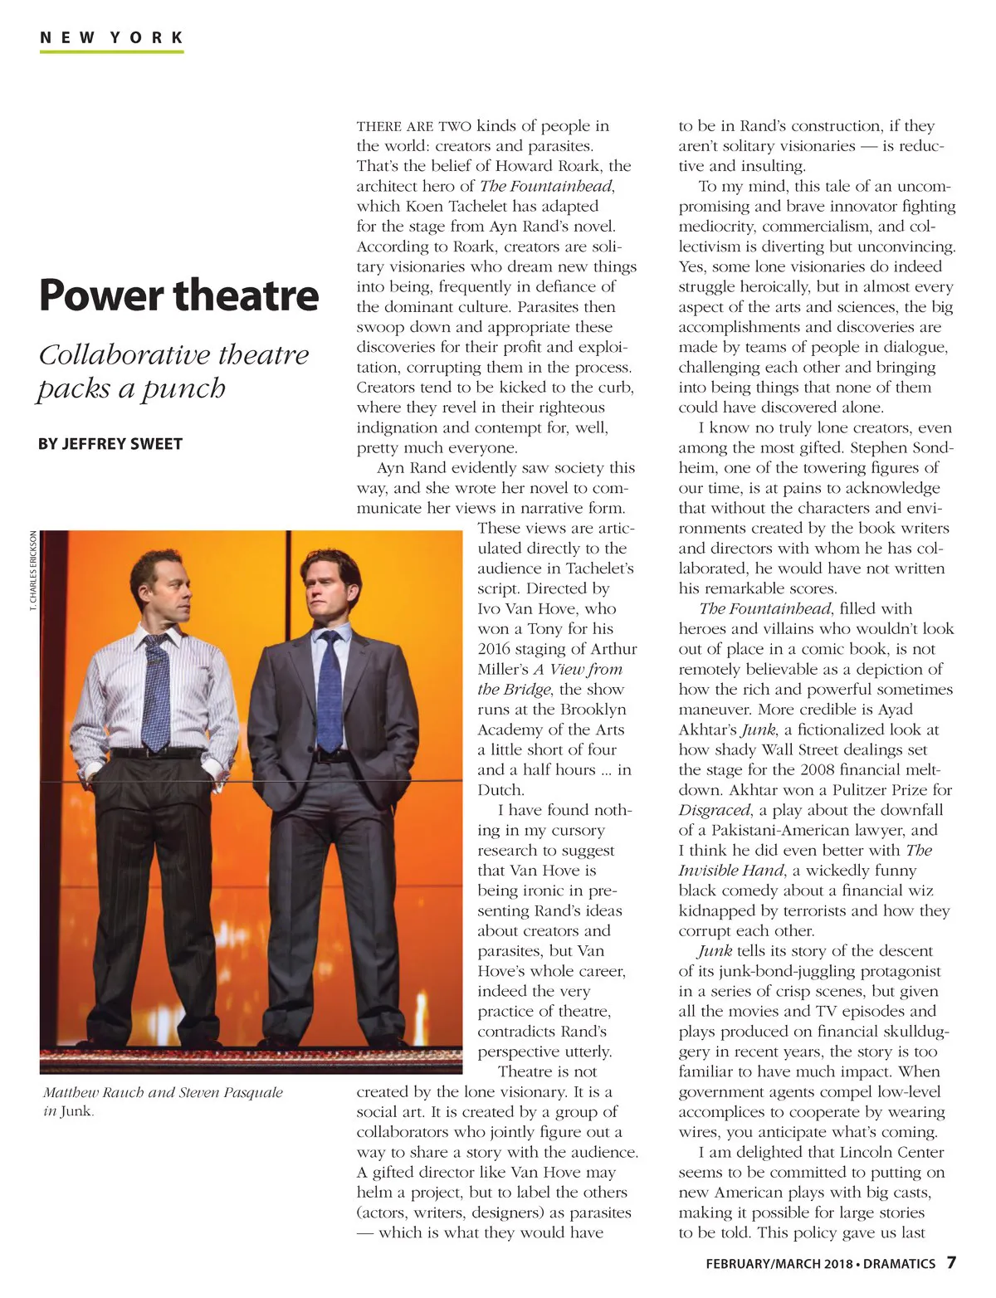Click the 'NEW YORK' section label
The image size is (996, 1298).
pyautogui.click(x=111, y=37)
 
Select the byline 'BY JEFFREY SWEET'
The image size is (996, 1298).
pyautogui.click(x=110, y=444)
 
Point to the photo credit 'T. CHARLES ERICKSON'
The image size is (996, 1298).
pyautogui.click(x=32, y=570)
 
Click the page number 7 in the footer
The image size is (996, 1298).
pyautogui.click(x=951, y=1262)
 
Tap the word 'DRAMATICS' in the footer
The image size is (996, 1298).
pyautogui.click(x=899, y=1264)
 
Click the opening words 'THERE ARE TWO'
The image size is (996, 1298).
pyautogui.click(x=413, y=127)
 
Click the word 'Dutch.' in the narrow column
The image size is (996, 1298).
pyautogui.click(x=500, y=790)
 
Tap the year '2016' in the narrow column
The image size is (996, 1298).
pyautogui.click(x=494, y=649)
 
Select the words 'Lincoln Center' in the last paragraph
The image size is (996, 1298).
pyautogui.click(x=891, y=1152)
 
